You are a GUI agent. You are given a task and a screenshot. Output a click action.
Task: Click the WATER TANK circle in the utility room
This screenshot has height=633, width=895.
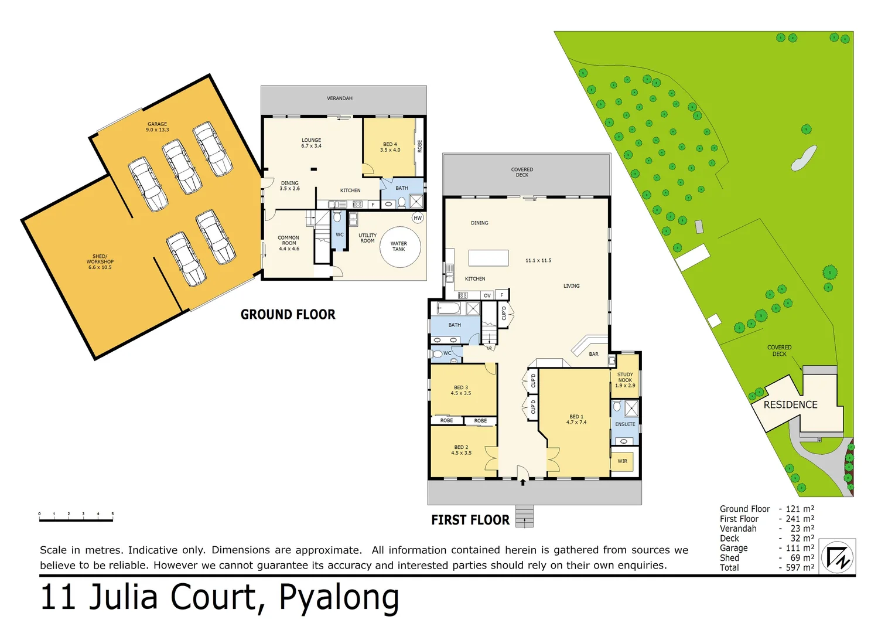click(399, 247)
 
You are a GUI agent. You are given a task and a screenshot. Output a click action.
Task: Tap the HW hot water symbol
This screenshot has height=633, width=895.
click(418, 218)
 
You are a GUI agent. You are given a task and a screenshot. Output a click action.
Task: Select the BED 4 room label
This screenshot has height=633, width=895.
click(390, 147)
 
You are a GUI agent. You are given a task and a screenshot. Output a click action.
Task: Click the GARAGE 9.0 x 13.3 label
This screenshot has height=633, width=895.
click(157, 127)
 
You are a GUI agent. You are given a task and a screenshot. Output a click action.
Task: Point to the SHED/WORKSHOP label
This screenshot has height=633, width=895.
click(100, 262)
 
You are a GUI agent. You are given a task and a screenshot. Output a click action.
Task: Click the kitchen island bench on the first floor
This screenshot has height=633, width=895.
click(488, 258)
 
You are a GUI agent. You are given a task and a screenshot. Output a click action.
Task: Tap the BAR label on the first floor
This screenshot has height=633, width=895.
click(593, 354)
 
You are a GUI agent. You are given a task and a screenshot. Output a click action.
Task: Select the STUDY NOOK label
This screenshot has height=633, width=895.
click(625, 380)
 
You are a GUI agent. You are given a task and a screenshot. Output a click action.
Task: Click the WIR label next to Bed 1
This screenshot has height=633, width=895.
click(622, 461)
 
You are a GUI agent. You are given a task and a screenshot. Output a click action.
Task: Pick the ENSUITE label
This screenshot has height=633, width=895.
click(625, 424)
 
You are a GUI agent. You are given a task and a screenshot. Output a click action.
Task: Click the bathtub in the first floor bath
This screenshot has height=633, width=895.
click(449, 308)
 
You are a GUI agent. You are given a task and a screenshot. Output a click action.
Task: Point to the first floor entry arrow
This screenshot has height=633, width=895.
click(523, 482)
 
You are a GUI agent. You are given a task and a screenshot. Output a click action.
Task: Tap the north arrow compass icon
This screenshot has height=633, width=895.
click(838, 557)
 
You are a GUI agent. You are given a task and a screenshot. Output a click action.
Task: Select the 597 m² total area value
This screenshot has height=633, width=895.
click(800, 567)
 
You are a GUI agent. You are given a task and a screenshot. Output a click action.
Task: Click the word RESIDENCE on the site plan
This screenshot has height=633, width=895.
click(790, 405)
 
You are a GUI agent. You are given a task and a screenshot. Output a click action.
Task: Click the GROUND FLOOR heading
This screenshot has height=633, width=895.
click(288, 315)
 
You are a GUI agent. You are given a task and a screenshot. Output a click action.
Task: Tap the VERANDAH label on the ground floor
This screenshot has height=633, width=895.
click(340, 98)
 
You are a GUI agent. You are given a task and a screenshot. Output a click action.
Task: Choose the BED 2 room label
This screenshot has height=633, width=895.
click(461, 450)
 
